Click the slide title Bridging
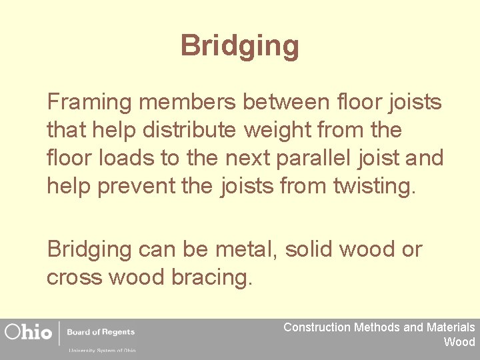[x=239, y=47]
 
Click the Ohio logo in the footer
[x=29, y=332]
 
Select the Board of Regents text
[x=103, y=332]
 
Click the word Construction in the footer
[x=317, y=327]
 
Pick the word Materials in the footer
[x=451, y=327]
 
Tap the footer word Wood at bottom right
[x=459, y=342]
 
